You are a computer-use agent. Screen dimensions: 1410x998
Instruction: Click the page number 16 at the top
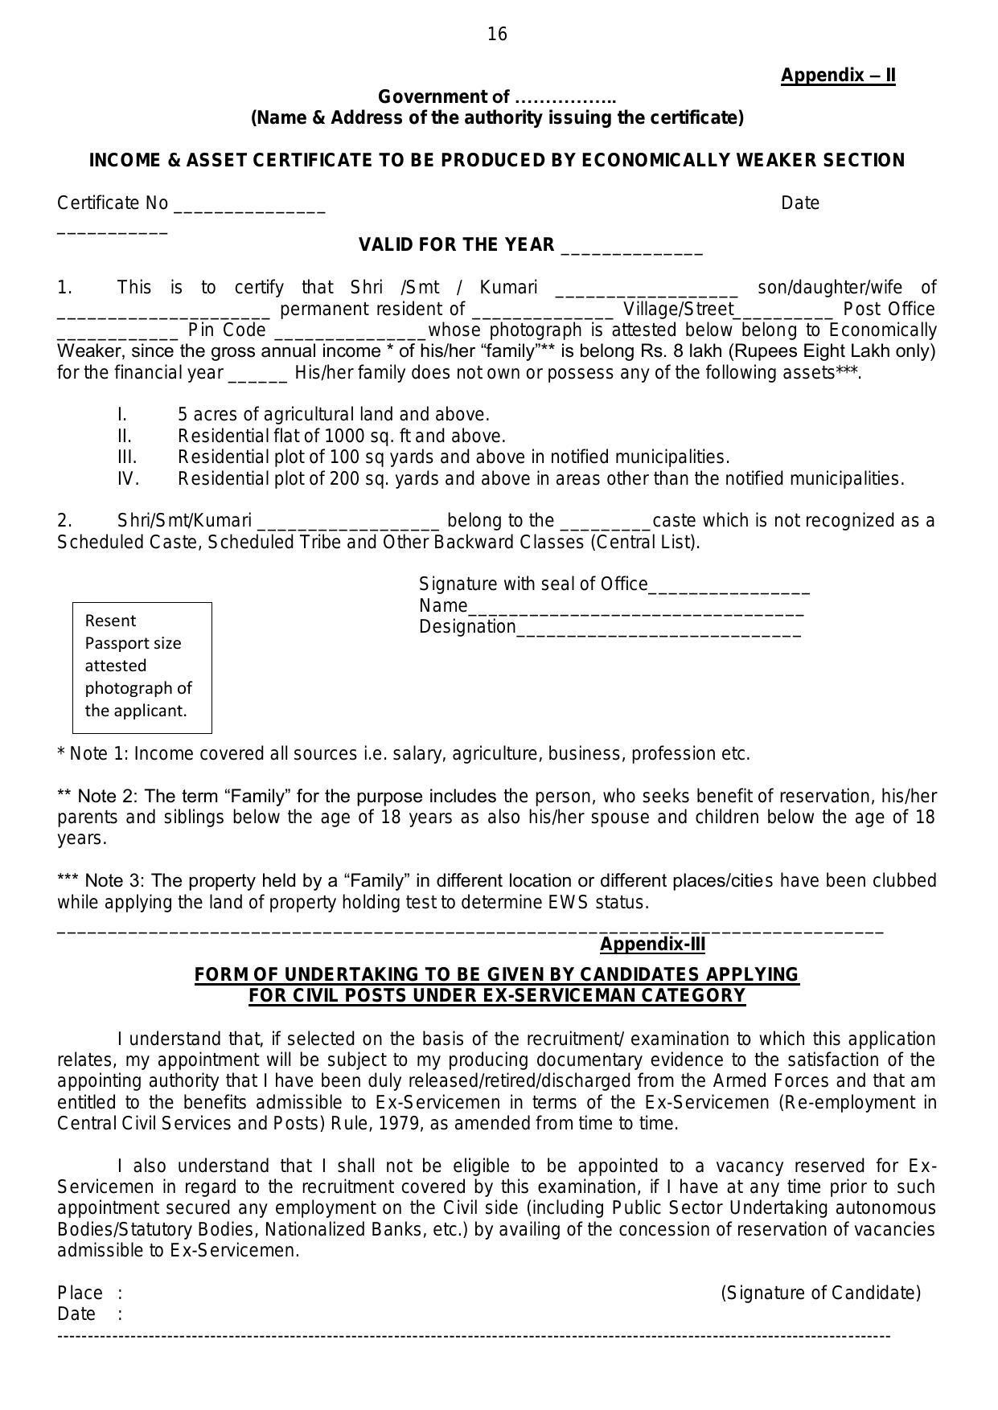[497, 34]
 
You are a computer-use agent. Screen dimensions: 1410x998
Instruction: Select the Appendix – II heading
[837, 76]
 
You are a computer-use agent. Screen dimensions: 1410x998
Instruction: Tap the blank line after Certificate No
[249, 206]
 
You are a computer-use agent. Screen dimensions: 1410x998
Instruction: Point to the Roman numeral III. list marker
[127, 457]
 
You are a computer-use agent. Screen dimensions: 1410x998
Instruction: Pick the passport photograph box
[142, 667]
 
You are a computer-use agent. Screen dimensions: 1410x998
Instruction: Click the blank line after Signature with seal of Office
[729, 588]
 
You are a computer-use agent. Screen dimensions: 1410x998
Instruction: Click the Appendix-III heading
[652, 945]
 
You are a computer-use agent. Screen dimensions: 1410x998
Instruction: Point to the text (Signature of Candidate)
[820, 1293]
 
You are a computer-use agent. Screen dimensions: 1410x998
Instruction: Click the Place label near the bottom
[80, 1293]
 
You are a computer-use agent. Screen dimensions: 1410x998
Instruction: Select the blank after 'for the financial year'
[258, 376]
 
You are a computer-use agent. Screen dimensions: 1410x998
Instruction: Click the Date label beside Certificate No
[799, 203]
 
